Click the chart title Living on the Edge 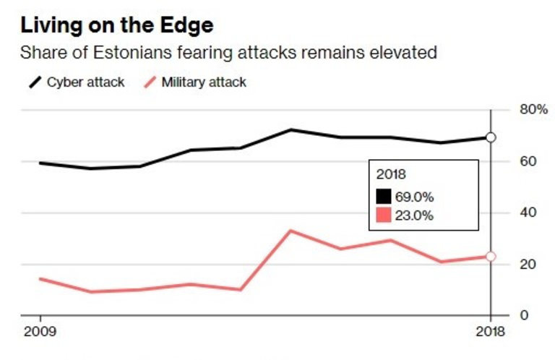(117, 26)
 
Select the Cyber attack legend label (86, 82)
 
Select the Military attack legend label (204, 82)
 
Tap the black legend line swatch (33, 82)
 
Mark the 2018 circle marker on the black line (491, 137)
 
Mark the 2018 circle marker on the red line (491, 256)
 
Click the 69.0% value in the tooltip (414, 196)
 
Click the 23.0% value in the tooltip (414, 215)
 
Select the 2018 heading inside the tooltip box (391, 174)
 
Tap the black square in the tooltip (384, 196)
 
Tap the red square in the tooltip (384, 215)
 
